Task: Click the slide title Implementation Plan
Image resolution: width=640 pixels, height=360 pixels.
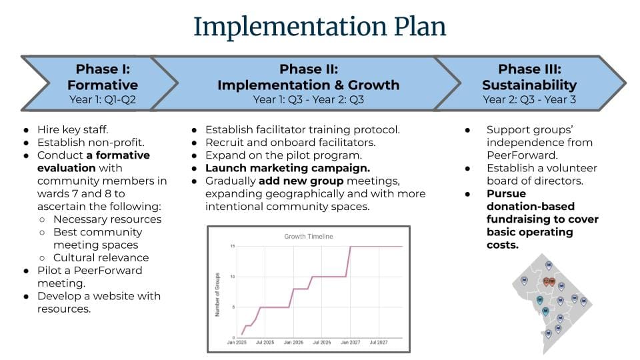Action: click(x=319, y=27)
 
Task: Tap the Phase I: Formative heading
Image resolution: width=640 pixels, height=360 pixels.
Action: click(x=103, y=77)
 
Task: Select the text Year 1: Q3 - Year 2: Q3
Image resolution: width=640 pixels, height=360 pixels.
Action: click(x=308, y=99)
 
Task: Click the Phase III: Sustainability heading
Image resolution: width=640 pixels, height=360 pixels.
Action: click(x=529, y=77)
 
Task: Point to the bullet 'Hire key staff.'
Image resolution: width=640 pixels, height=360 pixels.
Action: click(x=73, y=130)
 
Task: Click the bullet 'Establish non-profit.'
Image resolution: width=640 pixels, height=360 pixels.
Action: click(x=91, y=143)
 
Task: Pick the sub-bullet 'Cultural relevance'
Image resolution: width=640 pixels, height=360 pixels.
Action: click(x=101, y=257)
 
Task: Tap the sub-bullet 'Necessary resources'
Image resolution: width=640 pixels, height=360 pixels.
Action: click(x=107, y=219)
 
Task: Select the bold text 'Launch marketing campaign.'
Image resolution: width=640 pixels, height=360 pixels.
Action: click(x=287, y=168)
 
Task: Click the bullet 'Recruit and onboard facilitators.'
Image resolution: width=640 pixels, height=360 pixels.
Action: click(x=290, y=143)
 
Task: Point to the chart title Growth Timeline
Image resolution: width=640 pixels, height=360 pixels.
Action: click(x=309, y=236)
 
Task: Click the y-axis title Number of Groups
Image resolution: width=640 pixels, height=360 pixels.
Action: click(x=217, y=294)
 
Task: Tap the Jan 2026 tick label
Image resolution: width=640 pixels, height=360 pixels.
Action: click(x=293, y=343)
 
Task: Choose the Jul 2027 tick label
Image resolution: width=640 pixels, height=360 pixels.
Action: click(x=379, y=343)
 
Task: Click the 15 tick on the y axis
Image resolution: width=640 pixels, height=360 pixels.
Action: click(x=233, y=246)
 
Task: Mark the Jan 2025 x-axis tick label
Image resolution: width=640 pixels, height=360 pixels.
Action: click(x=237, y=343)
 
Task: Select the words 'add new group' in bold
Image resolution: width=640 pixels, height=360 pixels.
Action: click(x=301, y=181)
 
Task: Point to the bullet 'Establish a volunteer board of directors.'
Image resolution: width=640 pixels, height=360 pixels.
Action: click(x=541, y=174)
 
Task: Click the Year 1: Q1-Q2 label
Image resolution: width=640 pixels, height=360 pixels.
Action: click(x=103, y=99)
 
